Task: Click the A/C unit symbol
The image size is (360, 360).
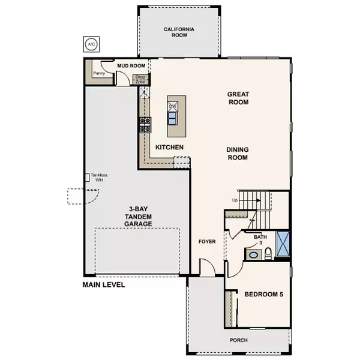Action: coord(91,44)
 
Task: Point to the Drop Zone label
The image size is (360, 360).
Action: coord(140,79)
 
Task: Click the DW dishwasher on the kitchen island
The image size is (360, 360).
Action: coord(173,106)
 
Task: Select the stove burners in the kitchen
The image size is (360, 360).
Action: coord(145,124)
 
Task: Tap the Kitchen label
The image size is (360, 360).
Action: coord(169,147)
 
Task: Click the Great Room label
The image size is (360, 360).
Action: coord(238,98)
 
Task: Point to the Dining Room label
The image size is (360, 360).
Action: coord(238,154)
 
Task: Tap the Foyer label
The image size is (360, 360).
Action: coord(207,242)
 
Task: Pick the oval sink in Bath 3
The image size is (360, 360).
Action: coord(253,255)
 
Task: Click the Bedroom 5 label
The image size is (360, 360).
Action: coord(264,293)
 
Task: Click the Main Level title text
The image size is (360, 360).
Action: coord(104,285)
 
